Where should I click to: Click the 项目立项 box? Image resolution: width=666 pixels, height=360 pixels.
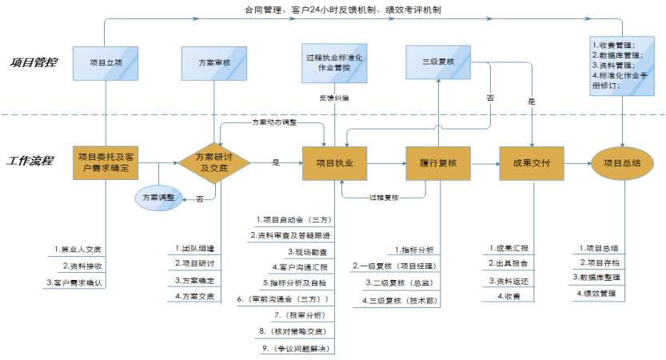tap(104, 62)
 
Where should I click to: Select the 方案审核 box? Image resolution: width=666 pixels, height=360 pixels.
tap(213, 62)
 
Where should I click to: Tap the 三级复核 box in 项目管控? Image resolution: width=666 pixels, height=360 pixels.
tap(439, 62)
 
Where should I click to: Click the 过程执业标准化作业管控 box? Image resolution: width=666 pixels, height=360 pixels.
tap(334, 63)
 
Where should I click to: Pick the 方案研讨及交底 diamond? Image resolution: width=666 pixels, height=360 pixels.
tap(213, 162)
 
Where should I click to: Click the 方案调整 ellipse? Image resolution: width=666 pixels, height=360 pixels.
tap(156, 197)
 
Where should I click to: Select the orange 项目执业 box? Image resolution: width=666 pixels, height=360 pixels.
tap(334, 162)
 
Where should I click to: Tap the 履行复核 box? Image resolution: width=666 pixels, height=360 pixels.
tap(438, 162)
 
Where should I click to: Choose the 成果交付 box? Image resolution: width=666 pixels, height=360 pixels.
tap(532, 162)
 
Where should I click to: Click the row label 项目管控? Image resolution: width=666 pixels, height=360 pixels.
tap(34, 62)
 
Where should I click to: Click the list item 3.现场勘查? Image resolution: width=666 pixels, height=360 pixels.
tap(298, 250)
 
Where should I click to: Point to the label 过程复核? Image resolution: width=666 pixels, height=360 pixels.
tap(384, 197)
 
